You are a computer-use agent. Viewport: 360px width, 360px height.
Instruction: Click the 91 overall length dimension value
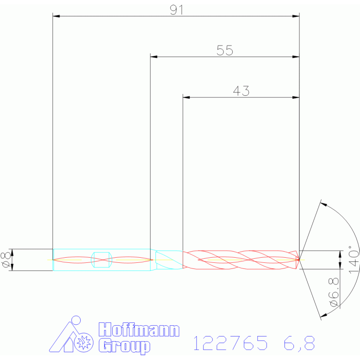coord(176,10)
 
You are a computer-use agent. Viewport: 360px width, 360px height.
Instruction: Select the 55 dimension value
coord(225,50)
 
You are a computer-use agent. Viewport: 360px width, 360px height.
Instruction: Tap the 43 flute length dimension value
coord(241,91)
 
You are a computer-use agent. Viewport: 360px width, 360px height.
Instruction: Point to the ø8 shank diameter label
coord(6,260)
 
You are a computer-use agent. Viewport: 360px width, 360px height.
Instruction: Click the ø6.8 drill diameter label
coord(334,292)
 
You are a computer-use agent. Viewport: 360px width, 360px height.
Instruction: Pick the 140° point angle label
coord(354,260)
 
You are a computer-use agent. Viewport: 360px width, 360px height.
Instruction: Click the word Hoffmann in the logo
coord(139,329)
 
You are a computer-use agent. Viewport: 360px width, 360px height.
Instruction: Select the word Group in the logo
coord(124,345)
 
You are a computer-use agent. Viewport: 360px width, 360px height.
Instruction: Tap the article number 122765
coord(230,343)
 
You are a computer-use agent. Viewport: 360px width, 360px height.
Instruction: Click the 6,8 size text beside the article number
coord(299,343)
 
